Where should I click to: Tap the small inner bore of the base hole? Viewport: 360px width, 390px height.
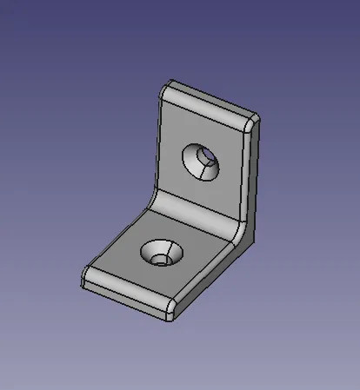click(159, 258)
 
